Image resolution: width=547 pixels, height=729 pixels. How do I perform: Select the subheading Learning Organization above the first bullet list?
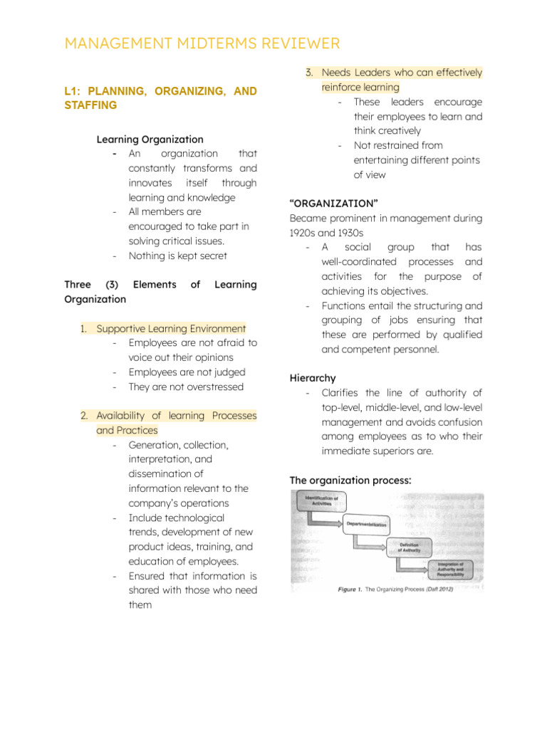[150, 140]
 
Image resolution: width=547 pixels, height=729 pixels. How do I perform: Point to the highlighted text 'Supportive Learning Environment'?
[171, 329]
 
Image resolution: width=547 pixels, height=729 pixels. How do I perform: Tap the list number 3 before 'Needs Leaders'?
[309, 73]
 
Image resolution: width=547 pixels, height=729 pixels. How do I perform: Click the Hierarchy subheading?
[313, 378]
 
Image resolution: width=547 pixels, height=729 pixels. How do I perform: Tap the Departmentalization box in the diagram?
[366, 525]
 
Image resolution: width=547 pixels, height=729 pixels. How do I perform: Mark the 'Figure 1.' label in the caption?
[350, 589]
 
